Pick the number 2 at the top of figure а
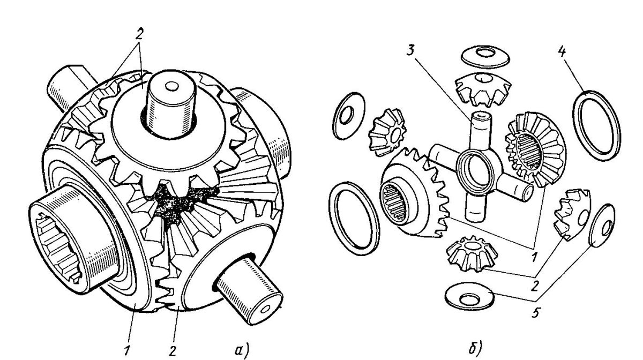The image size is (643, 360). [139, 34]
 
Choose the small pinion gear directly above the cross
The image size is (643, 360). [483, 92]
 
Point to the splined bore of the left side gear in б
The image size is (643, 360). [397, 203]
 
